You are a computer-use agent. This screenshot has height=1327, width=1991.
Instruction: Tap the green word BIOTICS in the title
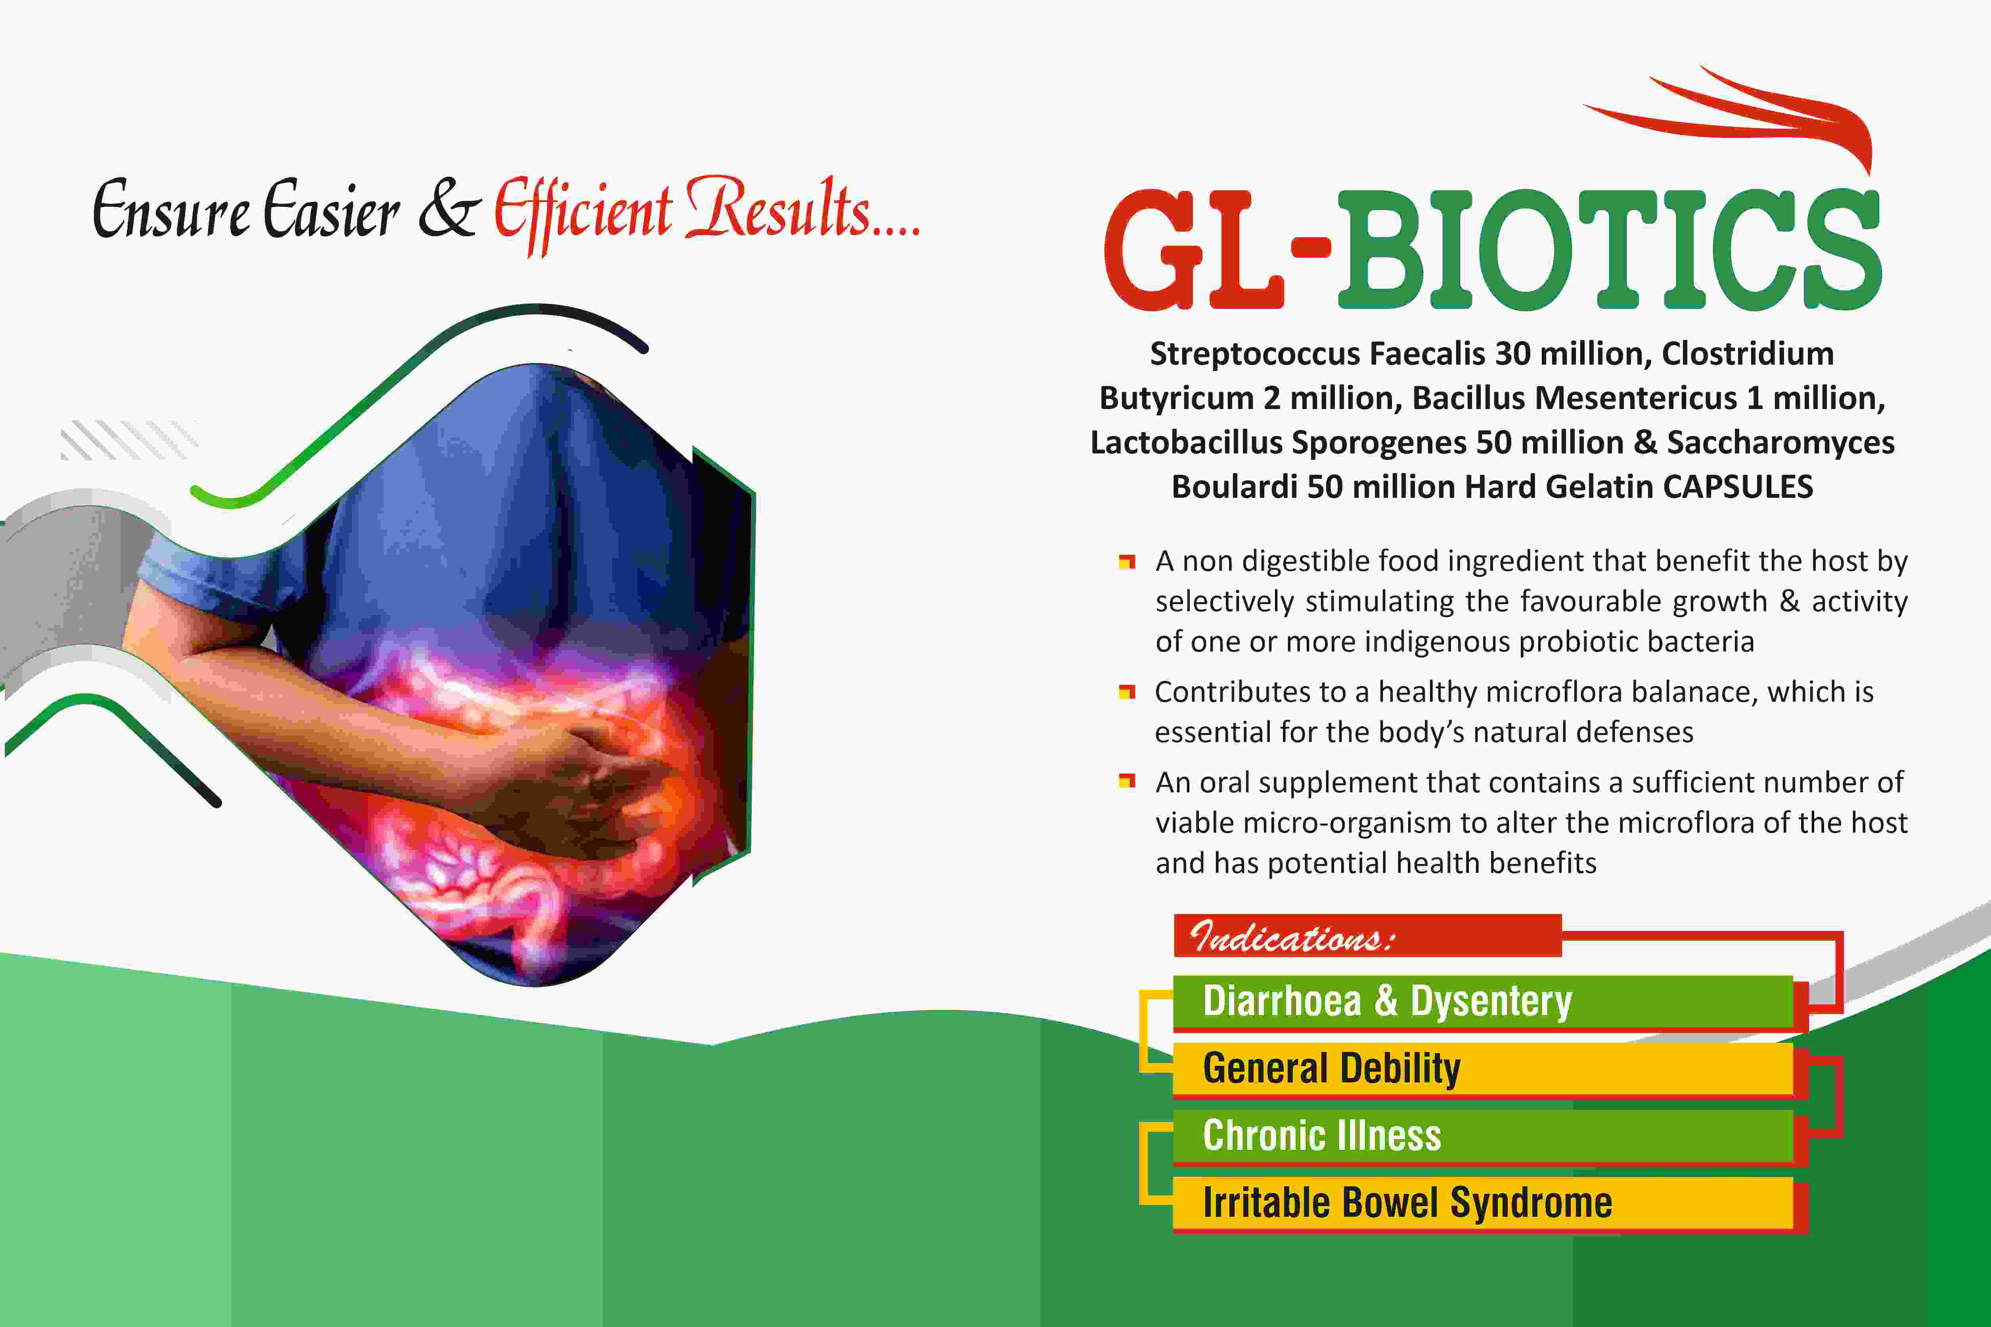coord(1608,250)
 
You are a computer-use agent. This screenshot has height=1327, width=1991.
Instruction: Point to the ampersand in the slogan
coord(450,209)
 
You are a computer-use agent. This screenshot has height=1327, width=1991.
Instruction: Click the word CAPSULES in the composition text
coord(1738,487)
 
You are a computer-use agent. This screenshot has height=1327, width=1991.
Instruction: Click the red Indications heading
coord(1367,936)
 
